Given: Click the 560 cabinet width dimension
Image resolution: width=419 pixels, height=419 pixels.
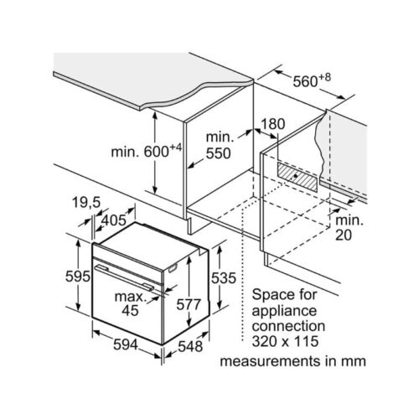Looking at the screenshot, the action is (x=312, y=80).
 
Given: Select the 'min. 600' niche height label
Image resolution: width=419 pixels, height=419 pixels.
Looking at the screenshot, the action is (x=147, y=151).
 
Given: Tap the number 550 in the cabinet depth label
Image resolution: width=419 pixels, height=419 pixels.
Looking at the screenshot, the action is (x=219, y=153).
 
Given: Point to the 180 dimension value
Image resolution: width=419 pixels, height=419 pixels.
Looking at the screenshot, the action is (x=272, y=124).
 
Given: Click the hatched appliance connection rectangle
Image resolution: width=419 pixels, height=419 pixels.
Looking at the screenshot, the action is (x=297, y=178).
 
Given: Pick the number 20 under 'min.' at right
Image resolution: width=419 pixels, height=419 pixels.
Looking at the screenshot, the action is (x=344, y=235).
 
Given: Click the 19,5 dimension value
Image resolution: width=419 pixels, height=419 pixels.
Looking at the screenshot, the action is (x=86, y=202).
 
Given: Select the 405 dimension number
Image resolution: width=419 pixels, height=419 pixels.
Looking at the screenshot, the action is (x=114, y=220).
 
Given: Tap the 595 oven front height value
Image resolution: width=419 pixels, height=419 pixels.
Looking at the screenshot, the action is (x=78, y=277).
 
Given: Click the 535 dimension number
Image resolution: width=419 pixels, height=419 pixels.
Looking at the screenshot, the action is (x=224, y=278).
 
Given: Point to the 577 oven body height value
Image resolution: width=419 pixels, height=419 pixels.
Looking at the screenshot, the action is (x=189, y=304).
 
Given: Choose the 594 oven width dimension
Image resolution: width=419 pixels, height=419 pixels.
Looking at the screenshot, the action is (x=126, y=344).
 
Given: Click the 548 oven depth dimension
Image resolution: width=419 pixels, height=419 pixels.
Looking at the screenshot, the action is (x=190, y=347).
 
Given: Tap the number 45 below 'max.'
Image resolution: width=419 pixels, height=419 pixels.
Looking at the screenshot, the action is (x=130, y=310).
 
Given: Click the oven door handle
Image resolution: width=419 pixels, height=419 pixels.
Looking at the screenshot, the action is (x=124, y=277).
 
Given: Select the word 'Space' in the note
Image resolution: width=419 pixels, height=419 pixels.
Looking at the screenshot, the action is (x=272, y=295).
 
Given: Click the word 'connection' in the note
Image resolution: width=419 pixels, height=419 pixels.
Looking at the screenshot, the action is (x=288, y=326).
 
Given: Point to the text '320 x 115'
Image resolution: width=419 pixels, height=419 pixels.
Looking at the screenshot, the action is (x=285, y=341).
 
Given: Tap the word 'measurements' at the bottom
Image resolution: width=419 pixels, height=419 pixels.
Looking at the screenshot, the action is (x=271, y=361).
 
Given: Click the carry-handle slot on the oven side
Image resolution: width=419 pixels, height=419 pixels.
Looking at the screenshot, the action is (x=173, y=268).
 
